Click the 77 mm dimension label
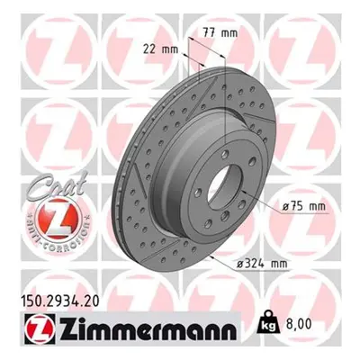pos(220,32)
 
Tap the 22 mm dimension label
pos(160,49)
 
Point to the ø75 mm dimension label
pos(304,206)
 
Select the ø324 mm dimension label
pos(262,264)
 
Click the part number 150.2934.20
pos(59,301)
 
